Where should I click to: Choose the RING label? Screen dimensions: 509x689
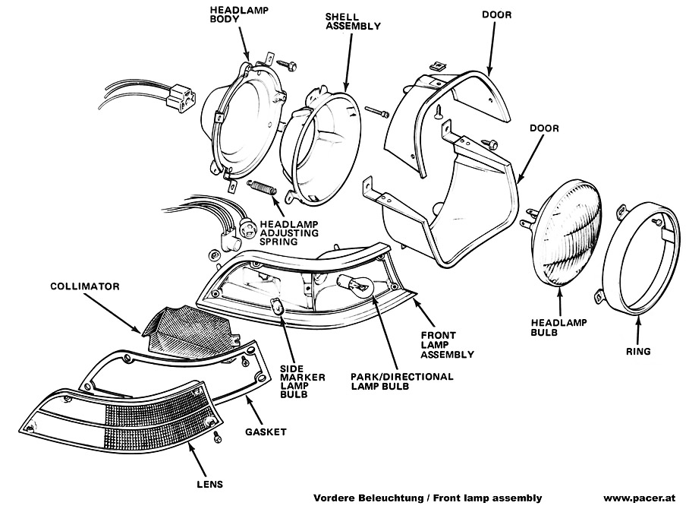pos(639,352)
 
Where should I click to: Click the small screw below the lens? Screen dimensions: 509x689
pos(217,436)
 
